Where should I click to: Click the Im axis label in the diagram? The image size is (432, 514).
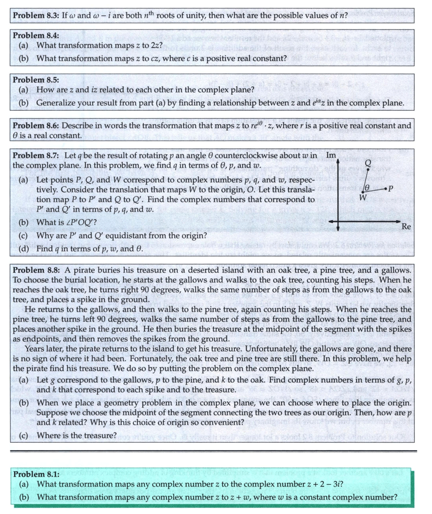[x=331, y=155]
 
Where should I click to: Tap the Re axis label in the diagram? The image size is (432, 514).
[x=406, y=227]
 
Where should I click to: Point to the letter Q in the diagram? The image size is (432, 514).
[x=368, y=162]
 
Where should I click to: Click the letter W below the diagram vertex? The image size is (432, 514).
[x=363, y=197]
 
